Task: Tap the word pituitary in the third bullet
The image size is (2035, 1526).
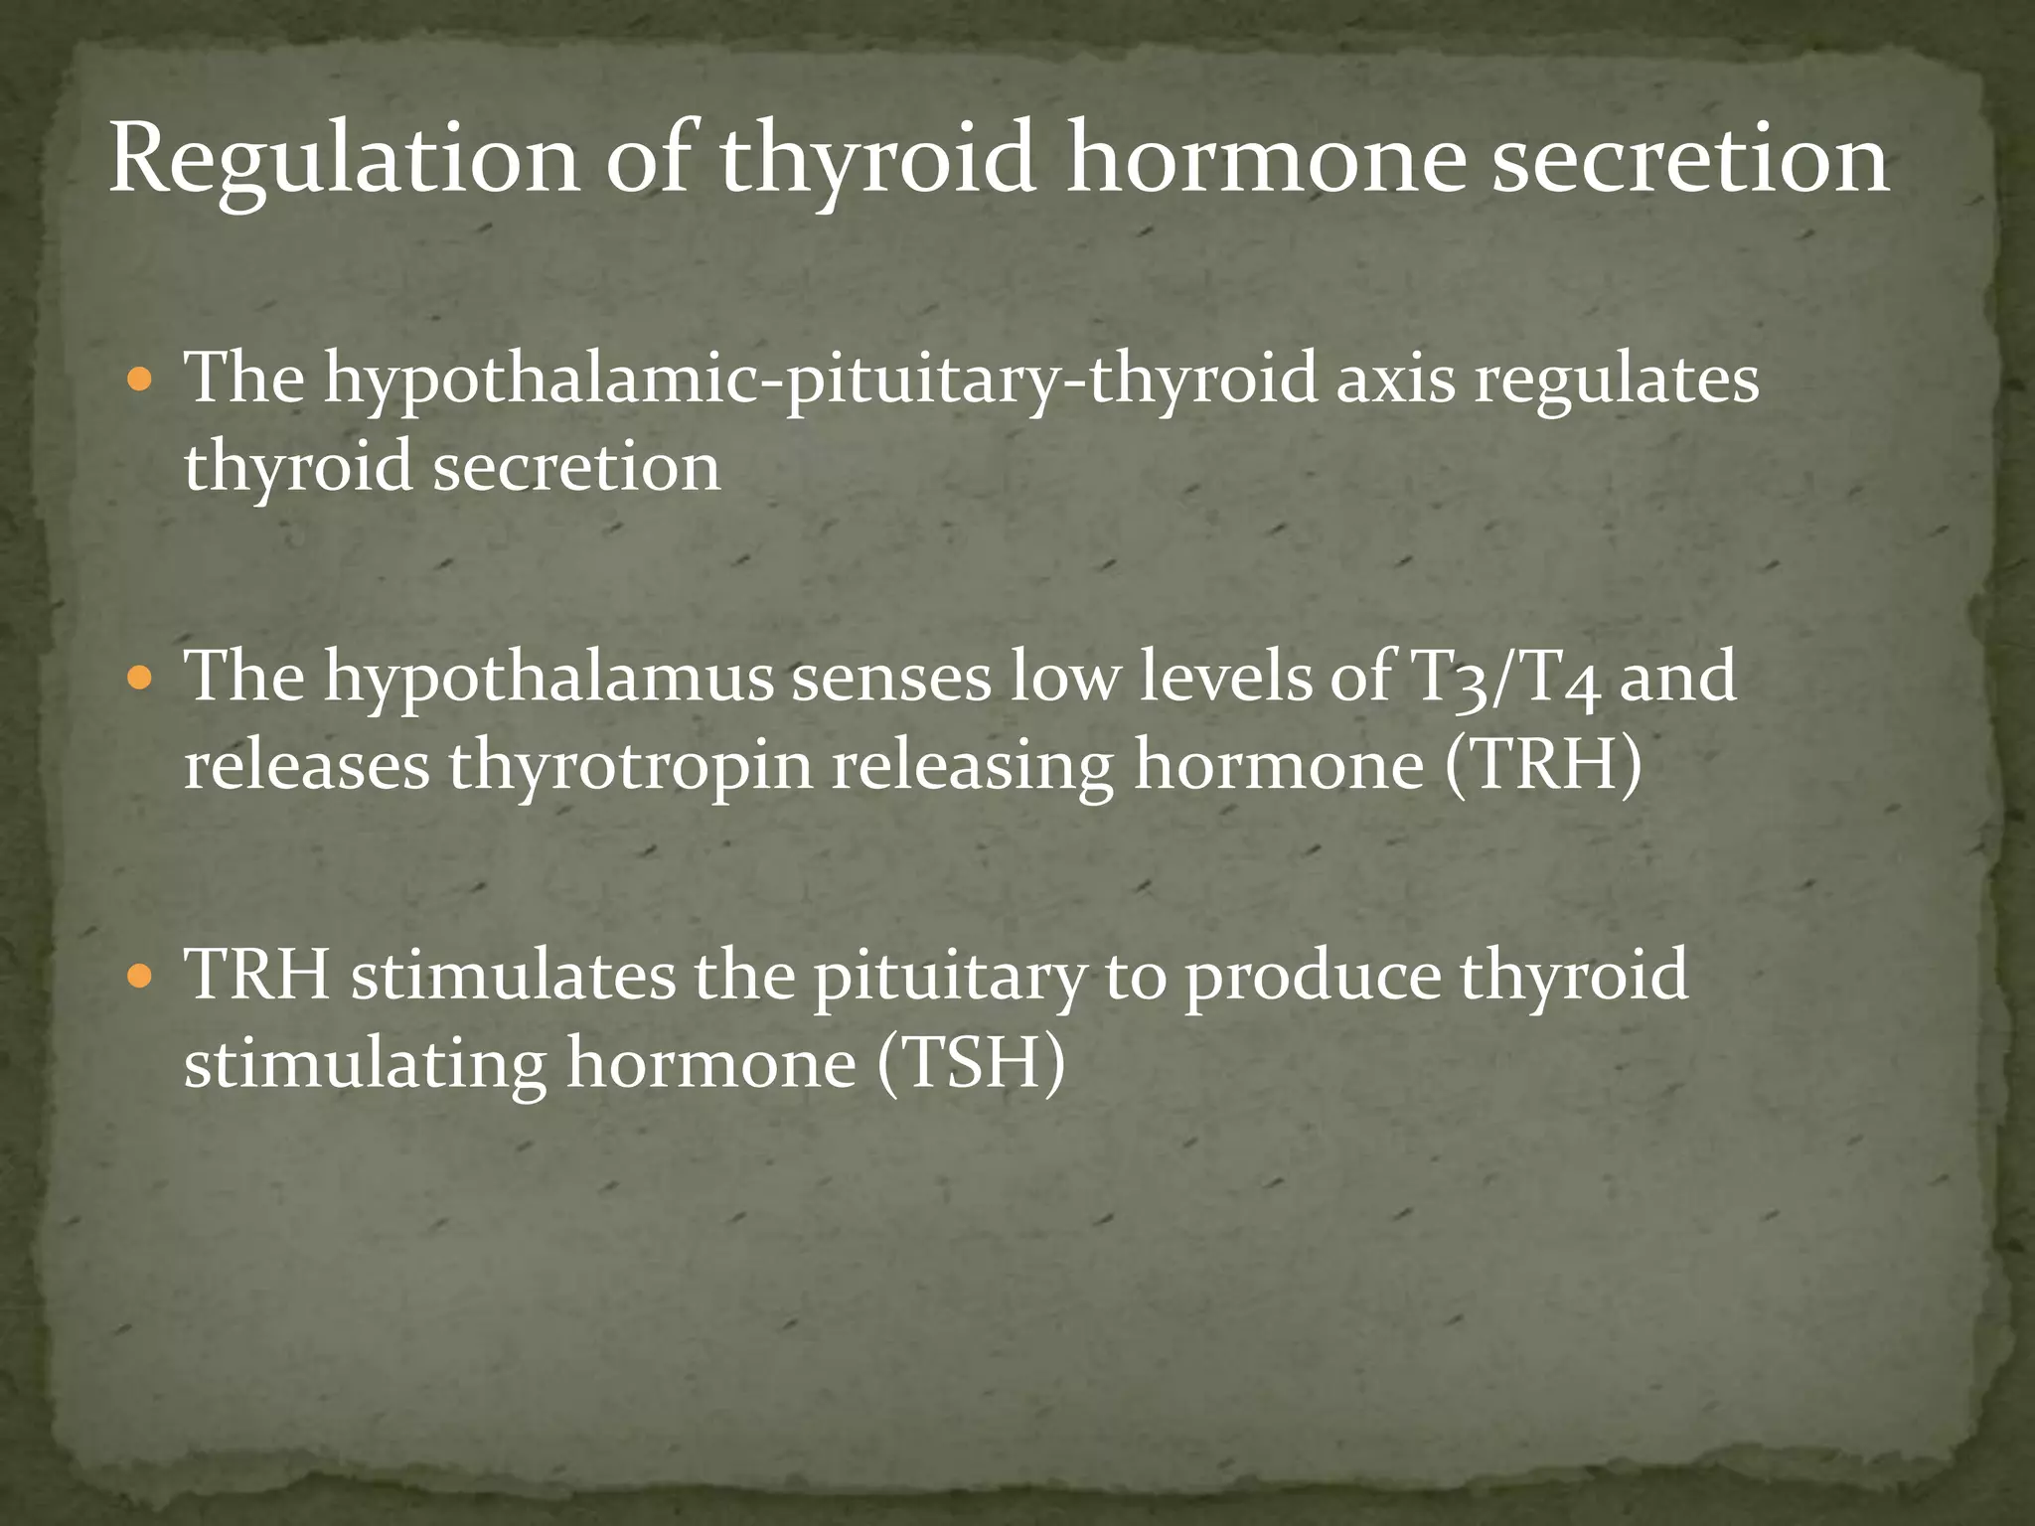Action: point(948,977)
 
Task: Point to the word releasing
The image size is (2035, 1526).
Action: point(973,768)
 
